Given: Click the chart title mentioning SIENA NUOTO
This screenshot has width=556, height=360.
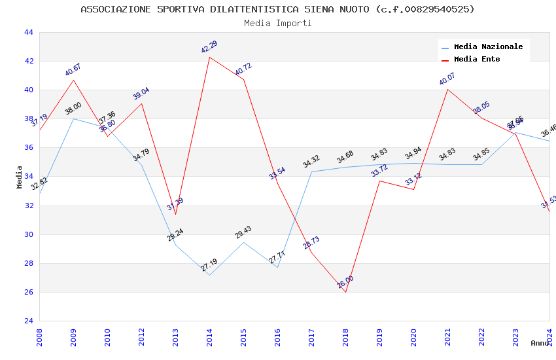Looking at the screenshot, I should [x=277, y=9].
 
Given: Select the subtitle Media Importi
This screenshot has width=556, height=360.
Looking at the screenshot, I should [x=277, y=23].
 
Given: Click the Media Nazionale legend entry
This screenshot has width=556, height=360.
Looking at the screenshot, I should [x=488, y=46].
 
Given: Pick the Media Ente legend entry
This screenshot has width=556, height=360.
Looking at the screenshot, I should [x=477, y=59].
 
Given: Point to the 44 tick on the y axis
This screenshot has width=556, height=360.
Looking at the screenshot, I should [x=28, y=32].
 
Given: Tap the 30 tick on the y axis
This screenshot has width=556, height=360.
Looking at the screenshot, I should [x=28, y=234].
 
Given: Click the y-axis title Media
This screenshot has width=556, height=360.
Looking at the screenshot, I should [x=20, y=177].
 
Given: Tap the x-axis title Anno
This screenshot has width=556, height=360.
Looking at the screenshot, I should [x=540, y=343].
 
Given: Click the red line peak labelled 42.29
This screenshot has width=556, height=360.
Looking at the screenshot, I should [x=209, y=57].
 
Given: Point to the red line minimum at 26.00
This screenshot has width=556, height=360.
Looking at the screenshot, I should [x=345, y=292].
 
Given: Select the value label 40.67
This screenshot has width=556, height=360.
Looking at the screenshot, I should [x=73, y=69].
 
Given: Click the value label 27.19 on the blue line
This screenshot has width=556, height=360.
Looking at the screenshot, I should [x=209, y=265].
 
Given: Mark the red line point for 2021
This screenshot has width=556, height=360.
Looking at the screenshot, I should [x=447, y=89].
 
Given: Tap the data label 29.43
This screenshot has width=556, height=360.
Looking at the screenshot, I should [x=243, y=232].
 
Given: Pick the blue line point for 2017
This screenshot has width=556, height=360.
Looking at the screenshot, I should [x=311, y=171].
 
